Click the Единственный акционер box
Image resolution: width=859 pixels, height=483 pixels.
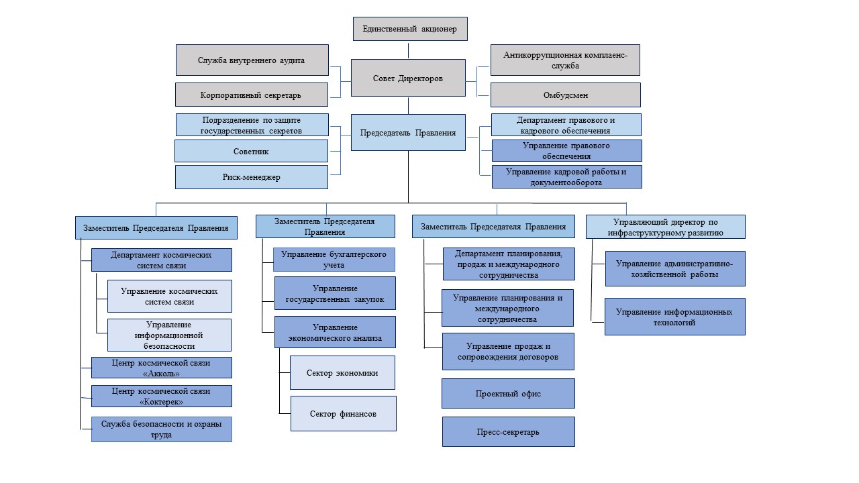pyautogui.click(x=409, y=29)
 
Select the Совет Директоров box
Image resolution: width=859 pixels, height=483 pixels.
pyautogui.click(x=408, y=78)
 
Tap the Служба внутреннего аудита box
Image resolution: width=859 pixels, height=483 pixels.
pyautogui.click(x=252, y=60)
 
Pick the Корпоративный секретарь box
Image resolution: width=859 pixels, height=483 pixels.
pyautogui.click(x=252, y=95)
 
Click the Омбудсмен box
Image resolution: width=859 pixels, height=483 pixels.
pyautogui.click(x=565, y=95)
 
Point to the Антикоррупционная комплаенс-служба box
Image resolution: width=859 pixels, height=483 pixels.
pyautogui.click(x=565, y=60)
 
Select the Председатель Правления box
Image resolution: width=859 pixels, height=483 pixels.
pyautogui.click(x=408, y=132)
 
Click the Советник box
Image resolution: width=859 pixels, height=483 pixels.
pyautogui.click(x=252, y=151)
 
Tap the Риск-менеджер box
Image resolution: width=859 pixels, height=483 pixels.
pyautogui.click(x=252, y=177)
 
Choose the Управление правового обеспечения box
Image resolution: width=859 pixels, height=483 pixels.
pyautogui.click(x=566, y=150)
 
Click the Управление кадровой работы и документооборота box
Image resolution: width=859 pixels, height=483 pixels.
pyautogui.click(x=566, y=176)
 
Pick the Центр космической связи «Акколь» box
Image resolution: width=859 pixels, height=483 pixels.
pyautogui.click(x=162, y=368)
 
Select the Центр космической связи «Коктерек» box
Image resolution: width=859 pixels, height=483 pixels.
pyautogui.click(x=162, y=396)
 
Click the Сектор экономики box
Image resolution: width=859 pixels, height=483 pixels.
pyautogui.click(x=342, y=373)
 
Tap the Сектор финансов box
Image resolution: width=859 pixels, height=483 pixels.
pyautogui.click(x=344, y=413)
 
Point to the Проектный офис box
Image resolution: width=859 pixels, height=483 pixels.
pyautogui.click(x=508, y=394)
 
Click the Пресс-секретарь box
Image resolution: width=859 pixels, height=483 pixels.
pyautogui.click(x=508, y=431)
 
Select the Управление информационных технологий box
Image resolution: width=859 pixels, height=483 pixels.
pyautogui.click(x=674, y=317)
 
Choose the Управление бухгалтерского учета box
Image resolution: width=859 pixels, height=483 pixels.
pyautogui.click(x=334, y=260)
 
